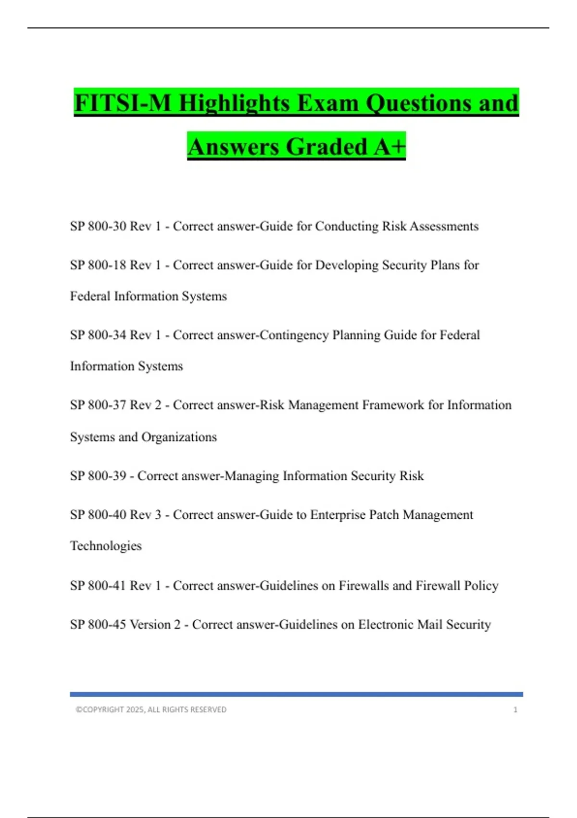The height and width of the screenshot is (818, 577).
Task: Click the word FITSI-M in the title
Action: (123, 103)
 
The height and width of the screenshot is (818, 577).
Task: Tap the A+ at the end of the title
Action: (389, 146)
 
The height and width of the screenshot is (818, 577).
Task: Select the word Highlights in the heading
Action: (235, 103)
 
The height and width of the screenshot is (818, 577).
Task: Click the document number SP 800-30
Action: (98, 226)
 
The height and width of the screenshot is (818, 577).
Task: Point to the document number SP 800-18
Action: (98, 265)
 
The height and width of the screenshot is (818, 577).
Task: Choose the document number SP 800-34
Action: (98, 335)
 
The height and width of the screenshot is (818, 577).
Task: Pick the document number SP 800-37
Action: (98, 405)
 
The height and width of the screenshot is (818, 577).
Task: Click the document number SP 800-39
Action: (98, 476)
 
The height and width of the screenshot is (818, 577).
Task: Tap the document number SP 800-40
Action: (98, 515)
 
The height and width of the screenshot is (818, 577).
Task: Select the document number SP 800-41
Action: (98, 586)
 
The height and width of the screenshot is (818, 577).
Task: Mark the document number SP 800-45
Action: (98, 625)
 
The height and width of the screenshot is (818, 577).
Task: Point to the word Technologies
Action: (106, 546)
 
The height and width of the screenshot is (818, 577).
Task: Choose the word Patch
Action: (384, 515)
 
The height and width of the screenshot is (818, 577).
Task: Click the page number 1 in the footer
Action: (515, 710)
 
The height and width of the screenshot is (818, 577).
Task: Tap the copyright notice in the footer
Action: (151, 710)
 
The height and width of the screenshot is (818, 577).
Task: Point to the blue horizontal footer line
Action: (296, 694)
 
